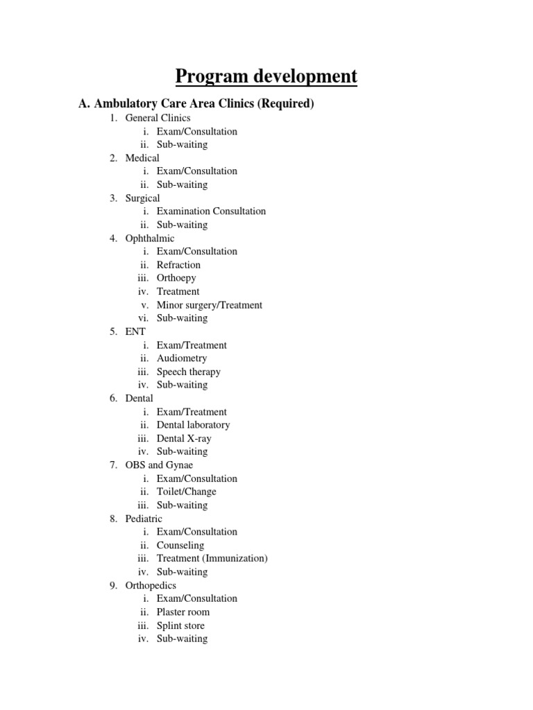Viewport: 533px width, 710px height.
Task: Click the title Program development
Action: coord(266,76)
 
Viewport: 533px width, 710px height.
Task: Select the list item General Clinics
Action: coord(158,118)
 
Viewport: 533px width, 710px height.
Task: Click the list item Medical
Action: coord(142,158)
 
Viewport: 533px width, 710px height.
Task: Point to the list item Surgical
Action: coord(142,198)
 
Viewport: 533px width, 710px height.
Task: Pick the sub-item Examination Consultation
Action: coord(211,211)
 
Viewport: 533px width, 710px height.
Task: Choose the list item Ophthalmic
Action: coord(150,239)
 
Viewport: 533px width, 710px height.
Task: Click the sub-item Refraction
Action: coord(178,265)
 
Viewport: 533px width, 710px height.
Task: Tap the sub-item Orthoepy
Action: coord(176,278)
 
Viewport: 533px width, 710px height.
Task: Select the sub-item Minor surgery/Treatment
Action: coord(210,305)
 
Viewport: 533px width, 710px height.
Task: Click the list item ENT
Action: coord(135,332)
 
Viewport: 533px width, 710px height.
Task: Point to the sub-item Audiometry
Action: coord(182,358)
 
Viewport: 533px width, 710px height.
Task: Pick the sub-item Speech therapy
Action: coord(189,372)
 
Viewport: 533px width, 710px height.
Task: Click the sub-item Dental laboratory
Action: coord(193,425)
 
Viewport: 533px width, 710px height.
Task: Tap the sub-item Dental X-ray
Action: coord(184,438)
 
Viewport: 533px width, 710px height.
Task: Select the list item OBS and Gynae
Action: coord(159,465)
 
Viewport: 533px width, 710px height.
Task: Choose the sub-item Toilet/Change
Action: coord(186,492)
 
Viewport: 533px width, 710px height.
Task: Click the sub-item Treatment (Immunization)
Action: coord(212,558)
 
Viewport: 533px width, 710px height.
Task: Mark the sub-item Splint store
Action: coord(180,625)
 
